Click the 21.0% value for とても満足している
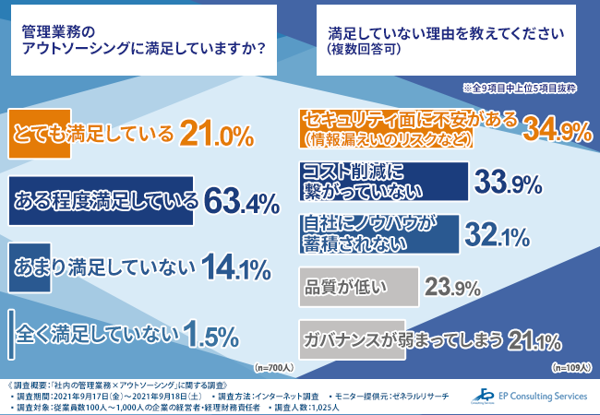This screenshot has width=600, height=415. coord(216,135)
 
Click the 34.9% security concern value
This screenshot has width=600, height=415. coord(557,131)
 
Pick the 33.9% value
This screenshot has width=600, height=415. coord(507,183)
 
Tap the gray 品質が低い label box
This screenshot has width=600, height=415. coord(361,286)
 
